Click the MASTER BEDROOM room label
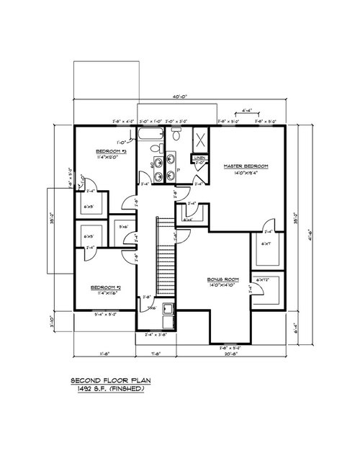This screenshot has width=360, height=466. point(246,166)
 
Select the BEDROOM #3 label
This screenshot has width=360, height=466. point(111,151)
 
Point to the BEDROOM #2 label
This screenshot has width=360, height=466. point(105,286)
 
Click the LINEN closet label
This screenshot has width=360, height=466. point(199,158)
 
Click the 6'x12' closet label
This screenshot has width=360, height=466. point(263,279)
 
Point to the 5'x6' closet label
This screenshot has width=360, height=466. point(122,227)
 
